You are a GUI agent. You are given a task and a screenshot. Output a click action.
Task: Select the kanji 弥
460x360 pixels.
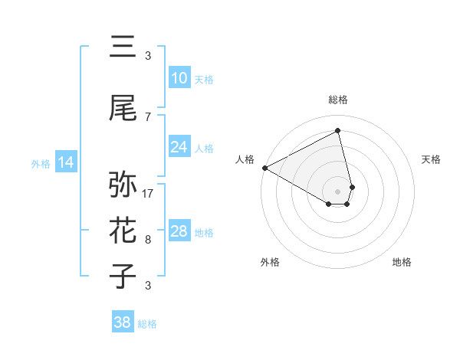pyautogui.click(x=123, y=185)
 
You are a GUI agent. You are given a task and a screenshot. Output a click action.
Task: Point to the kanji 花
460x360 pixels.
pyautogui.click(x=123, y=231)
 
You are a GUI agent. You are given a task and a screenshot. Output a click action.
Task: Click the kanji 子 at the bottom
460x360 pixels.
pyautogui.click(x=123, y=277)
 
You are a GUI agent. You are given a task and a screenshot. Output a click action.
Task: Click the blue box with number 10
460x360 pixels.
pyautogui.click(x=179, y=78)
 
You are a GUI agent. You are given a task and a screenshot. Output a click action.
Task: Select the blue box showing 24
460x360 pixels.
pyautogui.click(x=179, y=147)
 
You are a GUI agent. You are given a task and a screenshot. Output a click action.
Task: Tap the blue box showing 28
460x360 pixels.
pyautogui.click(x=179, y=231)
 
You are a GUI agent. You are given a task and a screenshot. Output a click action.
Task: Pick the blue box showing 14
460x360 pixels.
pyautogui.click(x=66, y=162)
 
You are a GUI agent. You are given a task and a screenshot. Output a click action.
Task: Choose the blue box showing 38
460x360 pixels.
pyautogui.click(x=123, y=323)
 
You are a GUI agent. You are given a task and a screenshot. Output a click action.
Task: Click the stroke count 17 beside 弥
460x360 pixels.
pyautogui.click(x=148, y=193)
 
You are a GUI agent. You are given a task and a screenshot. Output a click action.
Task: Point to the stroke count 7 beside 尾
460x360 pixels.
pyautogui.click(x=148, y=116)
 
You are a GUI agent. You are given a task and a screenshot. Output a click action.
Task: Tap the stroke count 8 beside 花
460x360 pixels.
pyautogui.click(x=148, y=240)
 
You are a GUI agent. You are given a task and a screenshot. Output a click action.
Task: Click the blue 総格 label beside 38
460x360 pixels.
pyautogui.click(x=147, y=324)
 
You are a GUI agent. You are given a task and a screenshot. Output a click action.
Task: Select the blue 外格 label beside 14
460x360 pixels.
pyautogui.click(x=41, y=163)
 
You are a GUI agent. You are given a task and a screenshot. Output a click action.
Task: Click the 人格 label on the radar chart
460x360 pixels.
pyautogui.click(x=245, y=159)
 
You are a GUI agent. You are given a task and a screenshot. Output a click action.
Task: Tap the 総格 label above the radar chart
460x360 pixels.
pyautogui.click(x=337, y=100)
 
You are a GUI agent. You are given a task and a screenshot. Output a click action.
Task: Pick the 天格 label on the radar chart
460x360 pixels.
pyautogui.click(x=431, y=159)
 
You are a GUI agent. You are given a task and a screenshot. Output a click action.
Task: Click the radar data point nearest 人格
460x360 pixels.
pyautogui.click(x=264, y=168)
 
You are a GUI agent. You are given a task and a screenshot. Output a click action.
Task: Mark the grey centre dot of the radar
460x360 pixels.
pyautogui.click(x=337, y=191)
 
